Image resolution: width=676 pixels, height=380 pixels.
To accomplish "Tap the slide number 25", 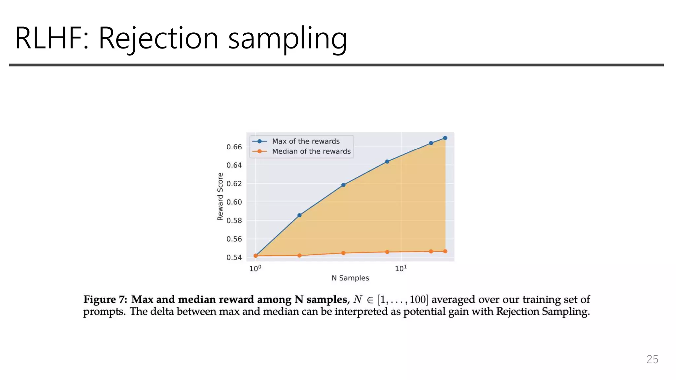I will click(652, 360).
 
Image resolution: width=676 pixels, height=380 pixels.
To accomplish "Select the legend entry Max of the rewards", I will click(305, 141).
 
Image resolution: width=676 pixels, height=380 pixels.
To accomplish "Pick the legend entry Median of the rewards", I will click(311, 151).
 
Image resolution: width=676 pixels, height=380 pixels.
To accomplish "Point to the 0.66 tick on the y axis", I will click(234, 147).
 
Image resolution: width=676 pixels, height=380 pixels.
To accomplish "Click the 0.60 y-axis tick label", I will click(234, 202).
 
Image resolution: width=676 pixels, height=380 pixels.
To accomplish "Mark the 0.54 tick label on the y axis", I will click(234, 257).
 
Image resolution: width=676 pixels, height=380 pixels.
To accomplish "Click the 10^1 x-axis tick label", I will click(401, 269).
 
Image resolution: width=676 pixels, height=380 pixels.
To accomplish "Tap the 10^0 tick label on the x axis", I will click(255, 269).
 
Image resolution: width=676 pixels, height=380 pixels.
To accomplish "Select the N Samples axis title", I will click(350, 278).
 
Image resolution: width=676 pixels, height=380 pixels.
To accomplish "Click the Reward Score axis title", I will click(220, 197).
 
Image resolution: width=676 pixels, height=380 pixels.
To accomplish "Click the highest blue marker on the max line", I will click(445, 138).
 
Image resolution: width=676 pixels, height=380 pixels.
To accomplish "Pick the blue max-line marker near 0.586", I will click(299, 215).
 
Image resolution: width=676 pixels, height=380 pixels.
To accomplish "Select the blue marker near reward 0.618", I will click(343, 185).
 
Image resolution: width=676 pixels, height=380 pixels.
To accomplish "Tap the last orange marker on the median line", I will click(445, 251).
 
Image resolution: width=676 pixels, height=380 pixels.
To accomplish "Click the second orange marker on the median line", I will click(299, 256).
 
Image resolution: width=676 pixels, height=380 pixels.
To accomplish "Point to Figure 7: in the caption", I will click(105, 300).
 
